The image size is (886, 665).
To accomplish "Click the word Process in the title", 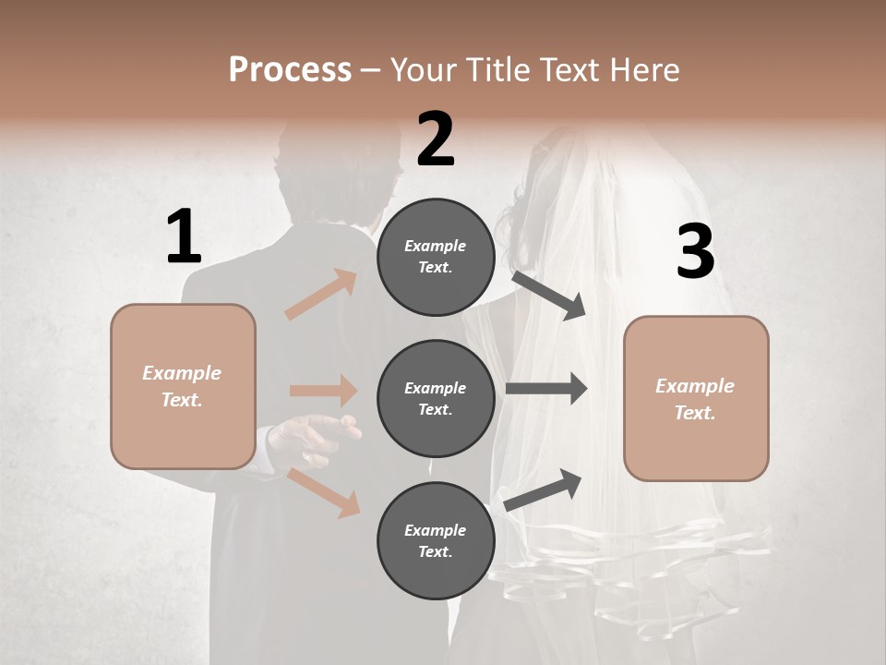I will tap(290, 69).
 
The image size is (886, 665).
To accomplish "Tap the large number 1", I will tap(184, 236).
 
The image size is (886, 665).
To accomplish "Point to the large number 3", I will tap(695, 252).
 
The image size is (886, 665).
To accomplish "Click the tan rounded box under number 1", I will tap(183, 386).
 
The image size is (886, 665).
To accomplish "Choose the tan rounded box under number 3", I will tap(696, 398).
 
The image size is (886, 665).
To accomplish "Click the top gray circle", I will tap(436, 257).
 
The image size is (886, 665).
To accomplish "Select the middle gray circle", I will tap(436, 398).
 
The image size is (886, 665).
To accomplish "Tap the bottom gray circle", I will tap(436, 540).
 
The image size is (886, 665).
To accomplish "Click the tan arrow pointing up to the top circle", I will tap(321, 295).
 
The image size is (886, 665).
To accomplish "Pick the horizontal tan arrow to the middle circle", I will tap(323, 391).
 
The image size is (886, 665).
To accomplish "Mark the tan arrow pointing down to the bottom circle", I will tap(323, 492).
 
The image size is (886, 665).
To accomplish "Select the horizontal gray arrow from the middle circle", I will tap(546, 389).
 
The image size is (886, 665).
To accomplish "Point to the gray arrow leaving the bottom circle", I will tap(544, 490).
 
